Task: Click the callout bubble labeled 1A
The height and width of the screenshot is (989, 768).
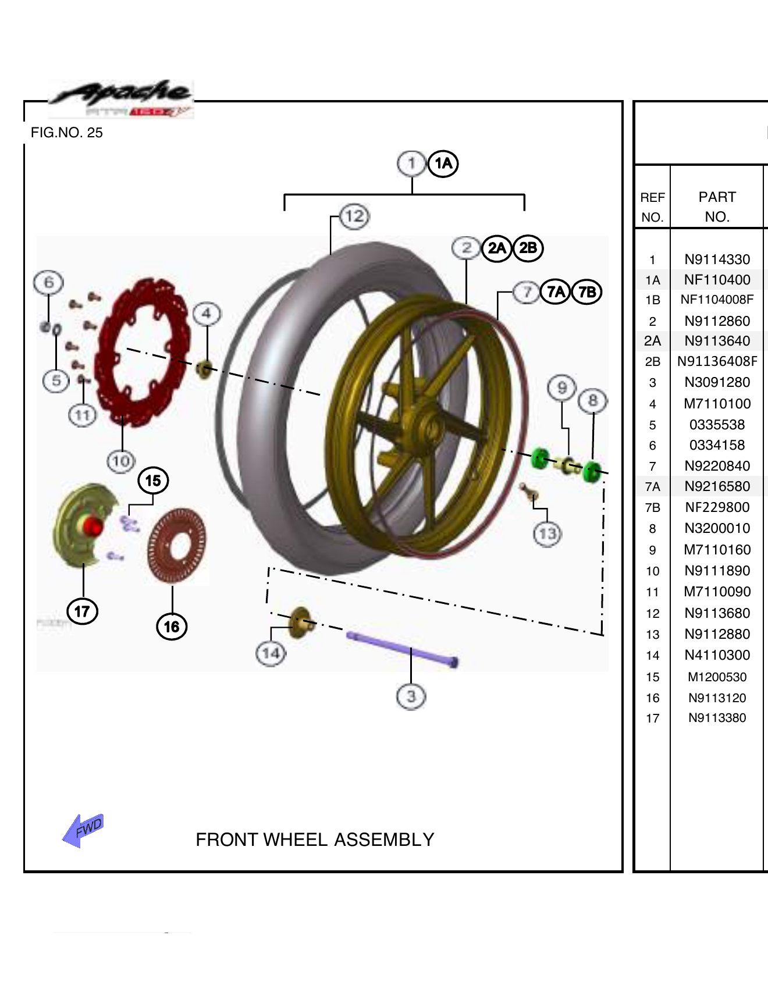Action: pos(443,163)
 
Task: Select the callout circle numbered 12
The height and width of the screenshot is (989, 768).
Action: pos(354,216)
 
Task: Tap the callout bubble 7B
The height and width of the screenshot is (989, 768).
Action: pos(586,291)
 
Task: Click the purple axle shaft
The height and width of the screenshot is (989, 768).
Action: pos(401,649)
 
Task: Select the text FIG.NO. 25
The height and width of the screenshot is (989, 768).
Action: pos(66,133)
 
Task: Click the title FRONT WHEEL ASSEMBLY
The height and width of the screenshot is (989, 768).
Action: pos(315,839)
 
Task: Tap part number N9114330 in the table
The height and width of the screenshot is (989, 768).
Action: pos(717,259)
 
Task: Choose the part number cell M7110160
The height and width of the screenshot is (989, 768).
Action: pos(717,550)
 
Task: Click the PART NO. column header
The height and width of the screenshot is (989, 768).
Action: pos(717,207)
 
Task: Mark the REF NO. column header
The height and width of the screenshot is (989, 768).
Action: pos(652,207)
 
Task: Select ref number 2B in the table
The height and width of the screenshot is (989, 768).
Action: pos(652,362)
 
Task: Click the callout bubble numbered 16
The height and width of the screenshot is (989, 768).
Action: pos(172,627)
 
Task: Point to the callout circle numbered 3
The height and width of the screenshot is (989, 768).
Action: pos(411,696)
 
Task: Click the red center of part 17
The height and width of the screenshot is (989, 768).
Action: pos(93,526)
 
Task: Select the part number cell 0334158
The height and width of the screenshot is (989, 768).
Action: pos(717,445)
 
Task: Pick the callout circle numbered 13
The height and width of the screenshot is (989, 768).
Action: pos(547,533)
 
